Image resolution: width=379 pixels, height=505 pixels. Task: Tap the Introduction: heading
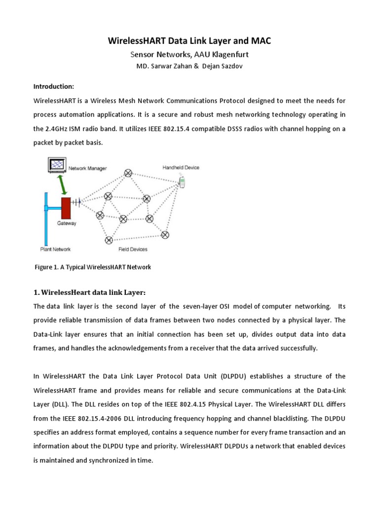[53, 86]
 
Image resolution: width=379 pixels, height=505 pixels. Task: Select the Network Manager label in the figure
[87, 168]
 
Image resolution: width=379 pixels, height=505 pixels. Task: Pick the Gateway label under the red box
[67, 223]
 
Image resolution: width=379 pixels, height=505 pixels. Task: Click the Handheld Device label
[181, 168]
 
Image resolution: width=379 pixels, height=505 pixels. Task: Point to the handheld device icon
[182, 182]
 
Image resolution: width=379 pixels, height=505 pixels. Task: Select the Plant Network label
[55, 249]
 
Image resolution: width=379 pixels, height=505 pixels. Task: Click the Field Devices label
[133, 249]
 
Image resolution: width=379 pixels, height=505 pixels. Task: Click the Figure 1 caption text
[92, 267]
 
